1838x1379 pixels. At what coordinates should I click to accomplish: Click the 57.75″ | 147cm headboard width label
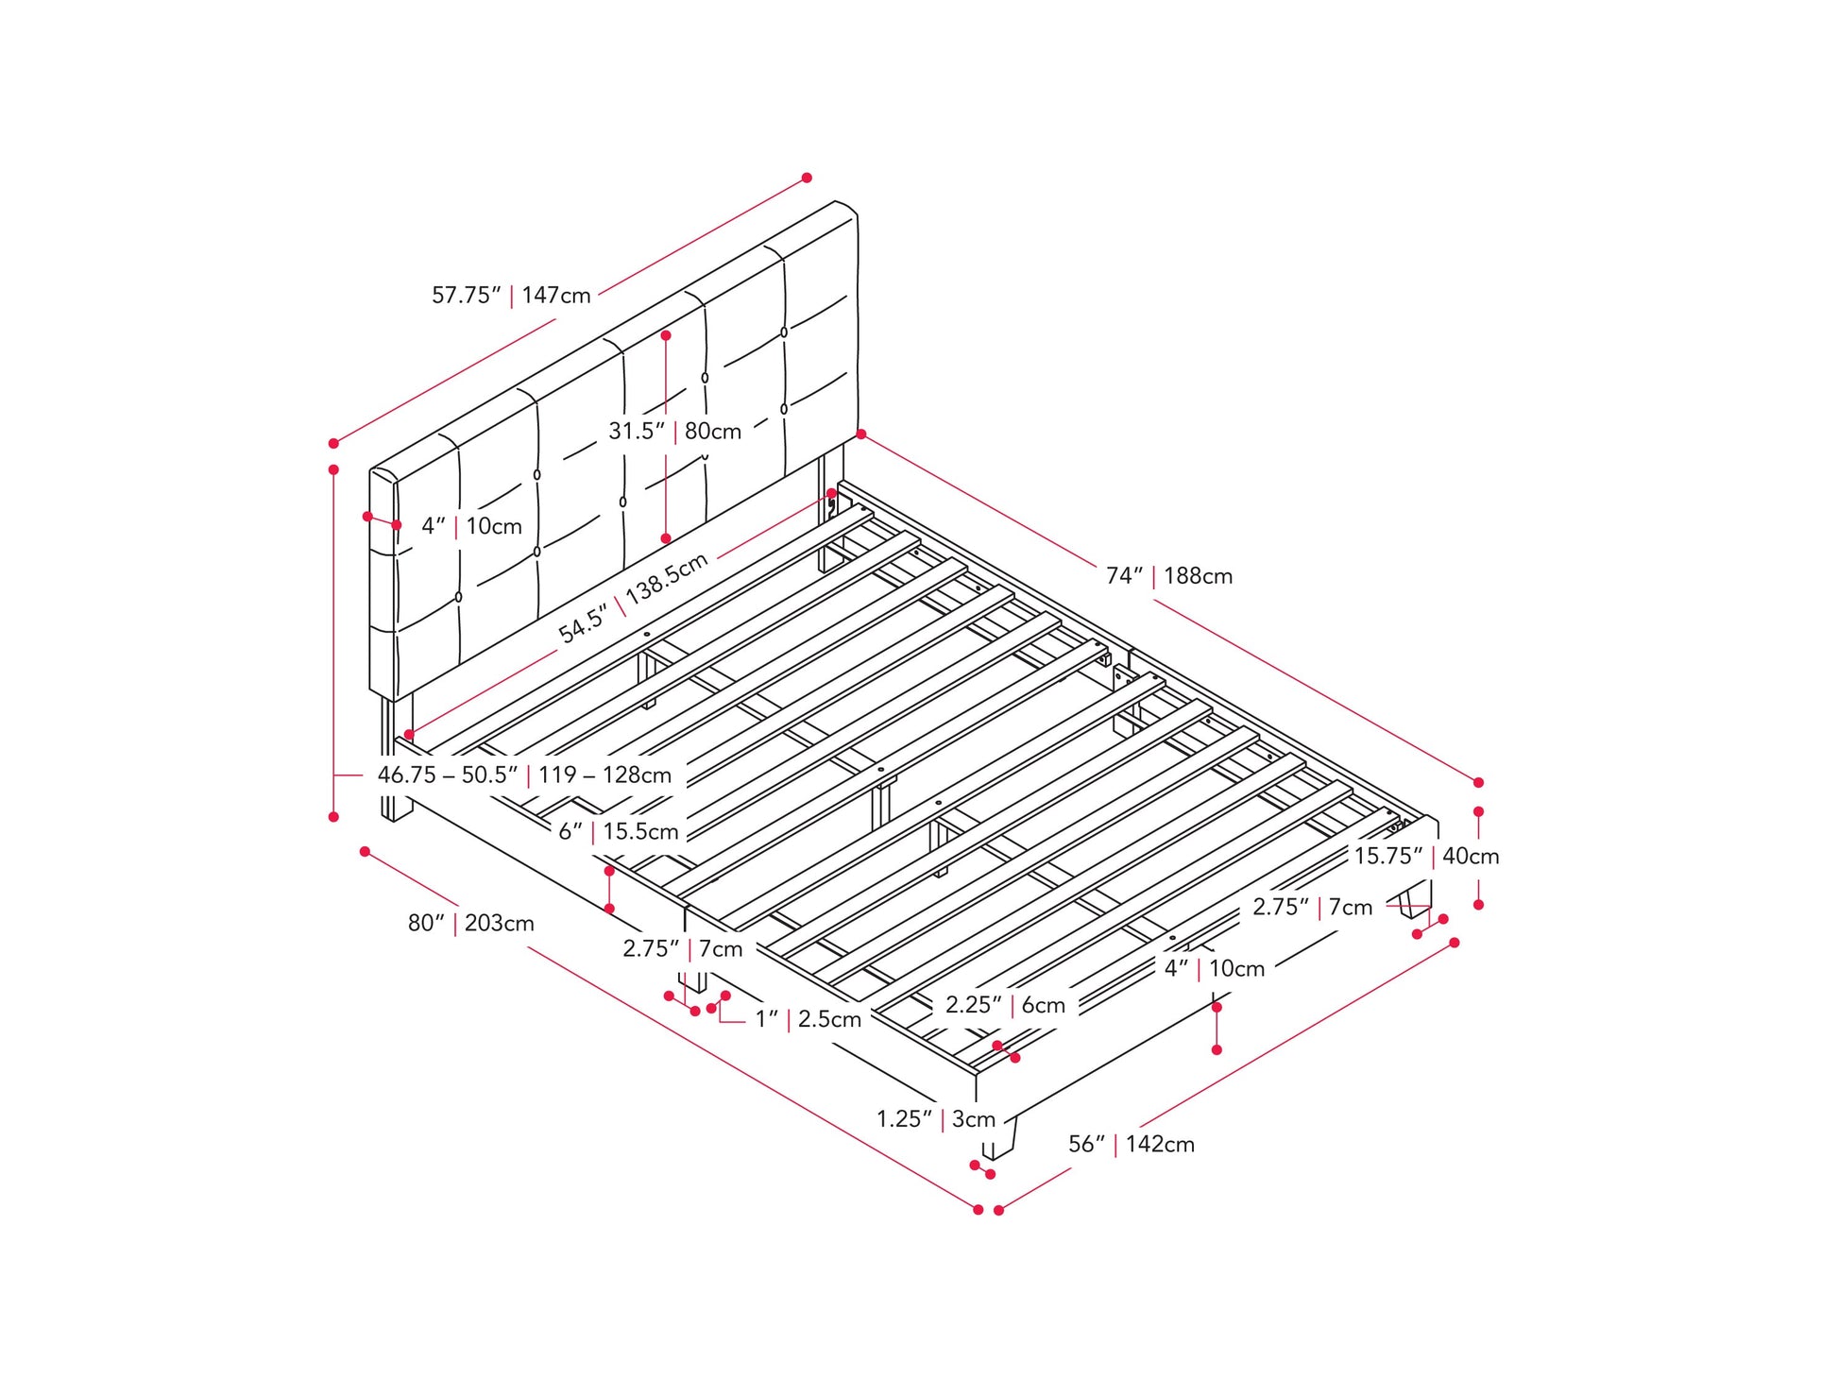(511, 295)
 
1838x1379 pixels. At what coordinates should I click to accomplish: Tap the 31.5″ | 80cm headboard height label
(674, 431)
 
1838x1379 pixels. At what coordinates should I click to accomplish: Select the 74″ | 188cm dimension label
(1169, 575)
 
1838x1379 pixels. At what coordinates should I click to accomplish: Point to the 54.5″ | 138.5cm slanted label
(633, 598)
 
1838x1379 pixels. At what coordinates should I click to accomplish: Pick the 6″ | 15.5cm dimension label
(618, 831)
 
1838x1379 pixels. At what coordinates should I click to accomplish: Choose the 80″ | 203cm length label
(470, 923)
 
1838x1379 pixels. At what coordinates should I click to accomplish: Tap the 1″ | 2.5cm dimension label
(808, 1019)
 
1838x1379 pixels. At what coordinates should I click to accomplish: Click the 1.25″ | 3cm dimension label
(936, 1119)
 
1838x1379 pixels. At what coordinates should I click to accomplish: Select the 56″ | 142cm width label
(1132, 1144)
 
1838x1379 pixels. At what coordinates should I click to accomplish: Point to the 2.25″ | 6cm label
(1005, 1005)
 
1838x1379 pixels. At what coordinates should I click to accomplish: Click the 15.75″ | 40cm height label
(1426, 856)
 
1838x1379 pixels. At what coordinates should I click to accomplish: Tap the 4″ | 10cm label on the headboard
(471, 526)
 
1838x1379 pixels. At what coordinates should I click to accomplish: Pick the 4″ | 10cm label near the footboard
(1214, 968)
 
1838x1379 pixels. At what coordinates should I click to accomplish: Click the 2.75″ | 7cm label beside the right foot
(1312, 907)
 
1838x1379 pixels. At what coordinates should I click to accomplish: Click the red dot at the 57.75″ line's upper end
(807, 178)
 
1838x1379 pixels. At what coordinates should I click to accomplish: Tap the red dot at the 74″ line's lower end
(1478, 782)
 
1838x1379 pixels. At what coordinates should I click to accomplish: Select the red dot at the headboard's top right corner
(860, 434)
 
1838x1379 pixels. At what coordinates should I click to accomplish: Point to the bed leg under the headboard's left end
(397, 760)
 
